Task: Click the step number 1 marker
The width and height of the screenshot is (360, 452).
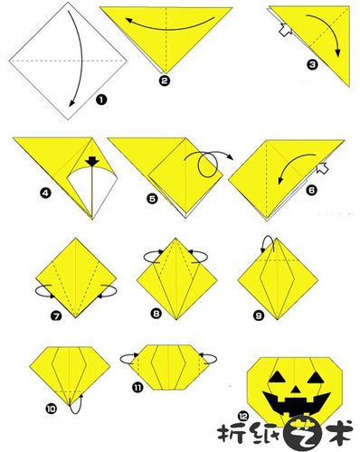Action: tap(101, 99)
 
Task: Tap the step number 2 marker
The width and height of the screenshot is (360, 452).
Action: tap(165, 80)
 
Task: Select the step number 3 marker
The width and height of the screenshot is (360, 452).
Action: tap(312, 64)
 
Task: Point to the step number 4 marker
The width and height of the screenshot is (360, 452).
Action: tap(45, 193)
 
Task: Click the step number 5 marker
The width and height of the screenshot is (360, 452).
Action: tap(152, 198)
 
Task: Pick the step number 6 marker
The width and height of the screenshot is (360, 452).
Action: tap(311, 190)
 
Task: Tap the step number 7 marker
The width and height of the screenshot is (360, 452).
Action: tap(56, 315)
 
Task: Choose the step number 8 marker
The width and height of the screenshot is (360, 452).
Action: tap(156, 314)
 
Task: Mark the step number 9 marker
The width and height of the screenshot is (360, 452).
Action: tap(259, 315)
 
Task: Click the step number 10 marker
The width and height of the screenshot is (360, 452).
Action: tap(52, 409)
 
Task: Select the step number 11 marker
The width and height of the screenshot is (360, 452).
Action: tap(137, 387)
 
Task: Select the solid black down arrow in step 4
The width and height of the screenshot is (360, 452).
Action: tap(92, 162)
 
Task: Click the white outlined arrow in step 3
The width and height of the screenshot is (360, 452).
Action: tap(285, 30)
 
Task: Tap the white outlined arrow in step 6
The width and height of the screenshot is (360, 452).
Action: tap(322, 168)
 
